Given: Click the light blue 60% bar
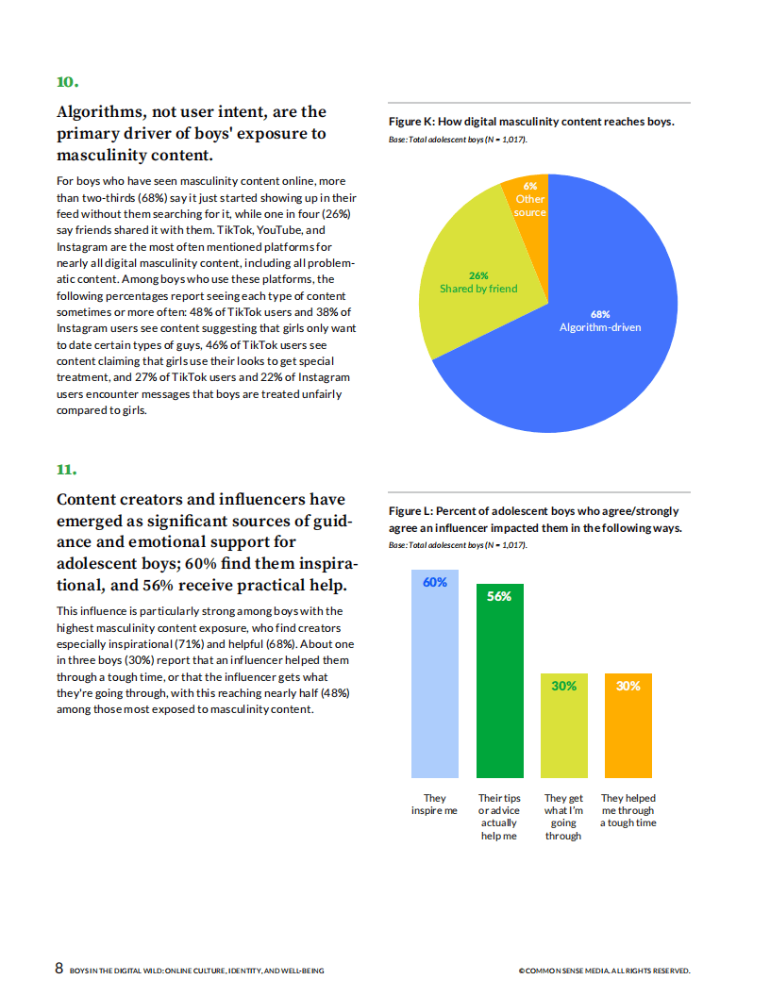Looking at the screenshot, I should [435, 679].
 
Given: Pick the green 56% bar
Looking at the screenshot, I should [499, 689].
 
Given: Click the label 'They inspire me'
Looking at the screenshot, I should [435, 805].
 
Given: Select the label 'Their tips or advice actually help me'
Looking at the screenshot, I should [499, 817].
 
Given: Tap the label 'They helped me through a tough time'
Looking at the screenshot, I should [628, 810].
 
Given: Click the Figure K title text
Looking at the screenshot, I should [531, 122].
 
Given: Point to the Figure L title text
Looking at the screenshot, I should [535, 520].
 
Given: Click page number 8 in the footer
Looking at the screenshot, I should [59, 969].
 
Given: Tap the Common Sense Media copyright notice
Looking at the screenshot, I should [604, 971].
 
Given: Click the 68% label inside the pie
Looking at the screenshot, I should [600, 314].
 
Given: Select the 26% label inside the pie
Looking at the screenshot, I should [478, 275].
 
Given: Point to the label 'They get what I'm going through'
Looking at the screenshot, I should [563, 817].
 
